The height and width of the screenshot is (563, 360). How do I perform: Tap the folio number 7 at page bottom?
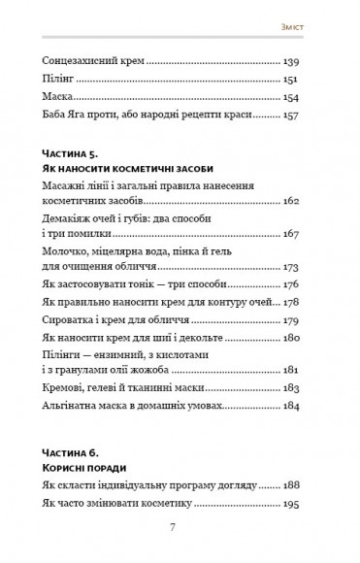172,527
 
